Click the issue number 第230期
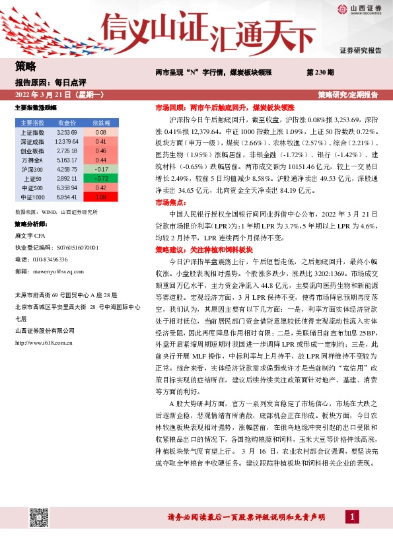pyautogui.click(x=320, y=71)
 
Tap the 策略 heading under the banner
pyautogui.click(x=25, y=66)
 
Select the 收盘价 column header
pyautogui.click(x=67, y=123)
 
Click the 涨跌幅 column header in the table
pyautogui.click(x=101, y=123)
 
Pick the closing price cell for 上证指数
pyautogui.click(x=67, y=132)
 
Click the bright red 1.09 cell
pyautogui.click(x=101, y=197)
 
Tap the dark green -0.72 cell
pyautogui.click(x=101, y=178)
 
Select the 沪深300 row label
pyautogui.click(x=32, y=169)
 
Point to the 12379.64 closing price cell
pyautogui.click(x=67, y=141)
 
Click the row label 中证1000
pyautogui.click(x=32, y=197)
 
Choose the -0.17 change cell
pyautogui.click(x=101, y=169)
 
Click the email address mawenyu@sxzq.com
pyautogui.click(x=56, y=271)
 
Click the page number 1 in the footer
pyautogui.click(x=355, y=516)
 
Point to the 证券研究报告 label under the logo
pyautogui.click(x=360, y=50)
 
